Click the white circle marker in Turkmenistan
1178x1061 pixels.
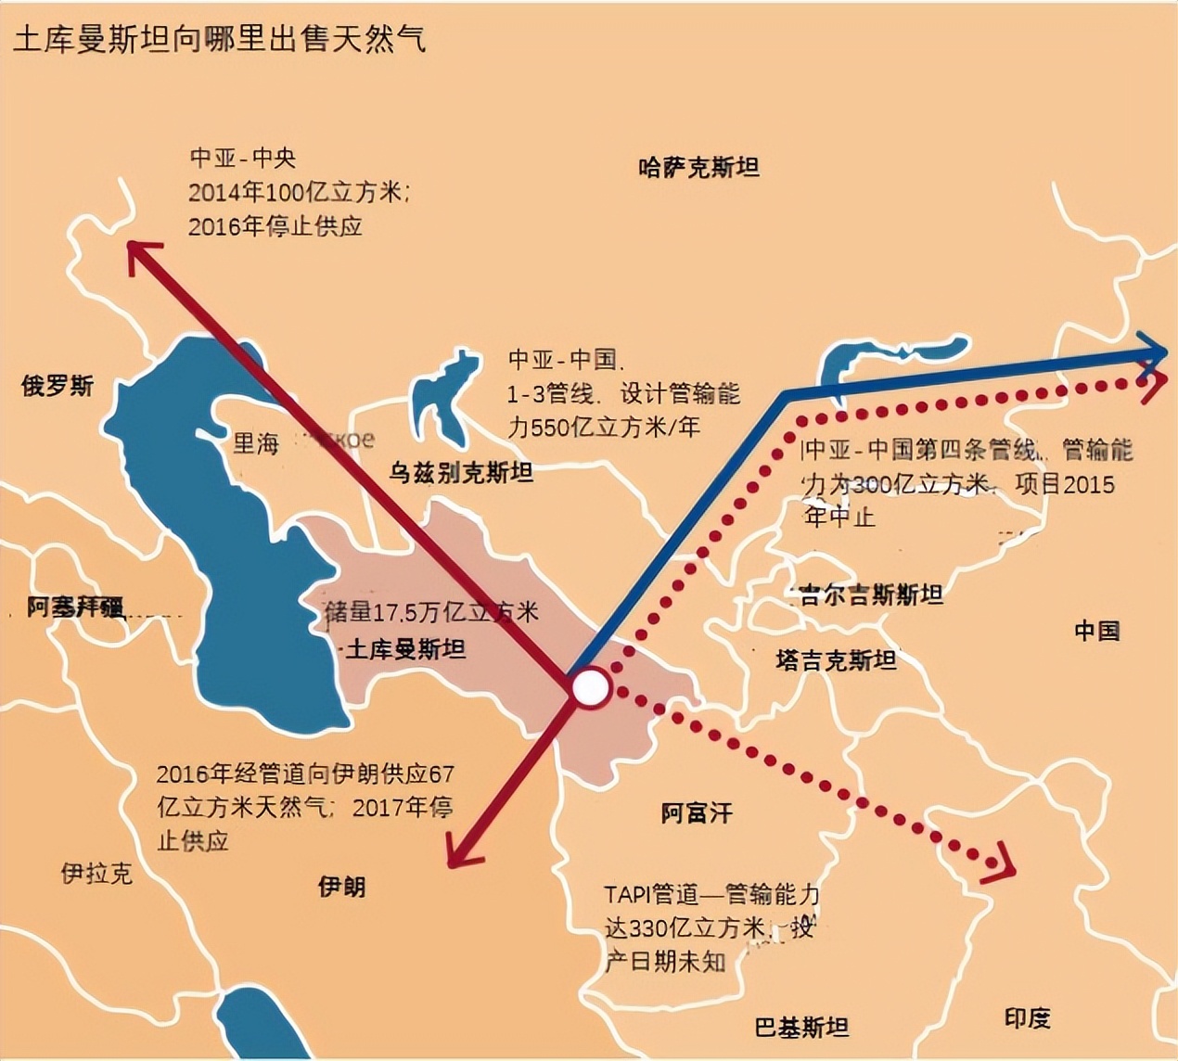[591, 689]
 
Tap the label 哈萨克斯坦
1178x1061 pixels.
[698, 167]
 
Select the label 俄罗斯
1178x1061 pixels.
[58, 386]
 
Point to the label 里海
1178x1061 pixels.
[255, 443]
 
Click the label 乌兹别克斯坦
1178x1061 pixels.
[461, 473]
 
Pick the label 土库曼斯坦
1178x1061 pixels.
[405, 649]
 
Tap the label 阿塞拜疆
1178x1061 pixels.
[74, 607]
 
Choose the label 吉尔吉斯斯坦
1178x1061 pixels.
[871, 594]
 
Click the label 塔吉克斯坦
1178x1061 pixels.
[836, 659]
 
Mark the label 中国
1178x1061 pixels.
[1096, 631]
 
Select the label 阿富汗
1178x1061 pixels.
[697, 813]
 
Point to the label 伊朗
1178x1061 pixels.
[341, 887]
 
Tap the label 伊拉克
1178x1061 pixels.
[96, 873]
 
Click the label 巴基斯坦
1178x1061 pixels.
[801, 1027]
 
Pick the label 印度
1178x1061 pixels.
[1027, 1017]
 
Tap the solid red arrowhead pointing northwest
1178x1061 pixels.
[140, 252]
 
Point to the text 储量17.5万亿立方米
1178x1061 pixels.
[431, 612]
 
